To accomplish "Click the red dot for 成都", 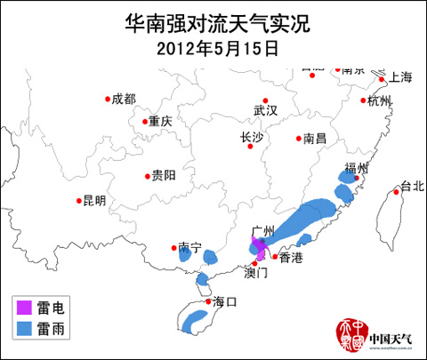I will click(x=109, y=99).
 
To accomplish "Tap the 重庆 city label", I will click(x=160, y=122).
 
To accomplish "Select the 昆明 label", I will click(x=93, y=201).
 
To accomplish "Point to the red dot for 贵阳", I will click(x=147, y=176).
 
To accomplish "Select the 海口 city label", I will click(x=226, y=302).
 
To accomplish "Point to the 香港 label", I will click(x=291, y=258).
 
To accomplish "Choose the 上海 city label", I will click(x=401, y=77).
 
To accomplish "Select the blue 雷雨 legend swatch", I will click(x=24, y=329).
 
